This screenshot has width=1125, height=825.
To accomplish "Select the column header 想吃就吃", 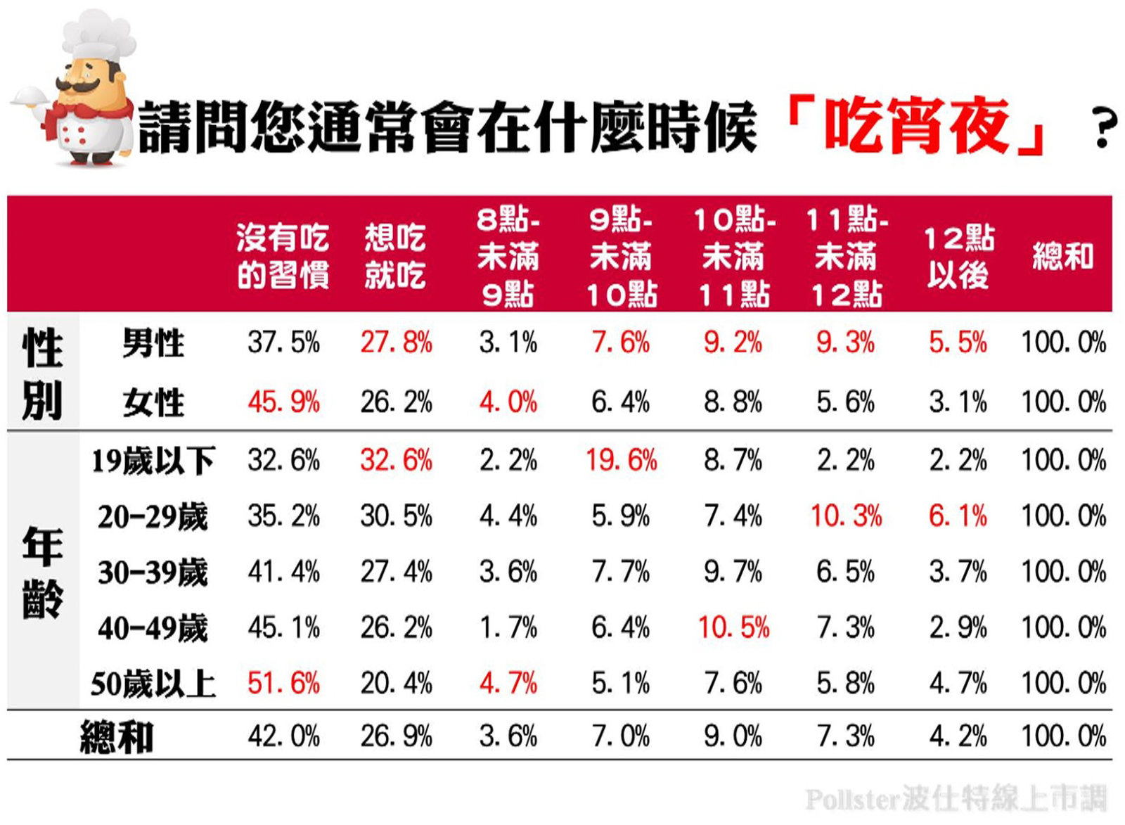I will pos(395,256).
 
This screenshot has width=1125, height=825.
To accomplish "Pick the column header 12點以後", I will pos(958,256).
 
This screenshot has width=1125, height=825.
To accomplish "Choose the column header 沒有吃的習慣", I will pos(283,256).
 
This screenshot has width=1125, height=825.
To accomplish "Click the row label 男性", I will pos(153,343).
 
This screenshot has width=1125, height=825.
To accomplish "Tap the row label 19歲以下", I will pos(153,461).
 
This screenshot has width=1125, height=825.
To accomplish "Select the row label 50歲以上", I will pos(153,683).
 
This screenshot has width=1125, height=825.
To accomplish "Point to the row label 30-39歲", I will pos(153,572).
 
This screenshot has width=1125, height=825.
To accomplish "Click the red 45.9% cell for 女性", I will pos(283,402).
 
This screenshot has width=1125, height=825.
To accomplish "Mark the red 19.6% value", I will pos(621,461).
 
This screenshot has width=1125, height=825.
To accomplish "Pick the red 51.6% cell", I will pos(283,683).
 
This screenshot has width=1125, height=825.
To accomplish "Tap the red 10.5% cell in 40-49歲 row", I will pos(733,627).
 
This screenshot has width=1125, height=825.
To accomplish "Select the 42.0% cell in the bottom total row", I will pos(283,736).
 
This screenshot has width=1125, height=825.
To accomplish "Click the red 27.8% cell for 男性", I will pos(396,343).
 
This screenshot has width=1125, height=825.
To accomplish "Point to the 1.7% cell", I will pos(508,627).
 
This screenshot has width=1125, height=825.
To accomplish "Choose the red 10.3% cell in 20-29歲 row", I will pos(846,516).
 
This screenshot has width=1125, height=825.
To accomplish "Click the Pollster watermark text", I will pos(956,799).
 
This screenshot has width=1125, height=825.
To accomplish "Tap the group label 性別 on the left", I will pos(42,373).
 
